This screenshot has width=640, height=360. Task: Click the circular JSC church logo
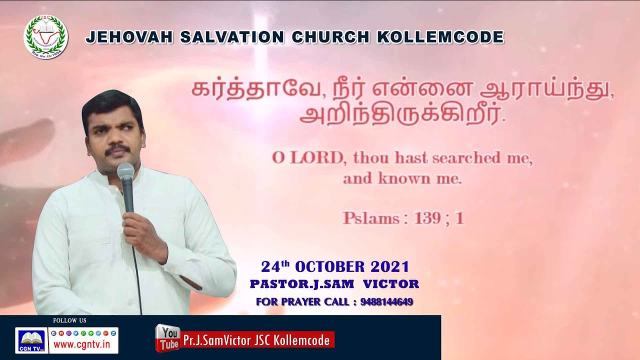click(x=45, y=36)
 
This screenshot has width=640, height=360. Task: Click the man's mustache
click(x=118, y=148)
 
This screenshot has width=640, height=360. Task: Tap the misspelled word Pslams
click(x=370, y=218)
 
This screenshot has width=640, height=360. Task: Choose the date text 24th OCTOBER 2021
click(x=334, y=266)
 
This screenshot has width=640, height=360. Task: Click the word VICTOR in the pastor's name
click(x=391, y=284)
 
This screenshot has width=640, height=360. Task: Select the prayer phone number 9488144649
click(x=386, y=302)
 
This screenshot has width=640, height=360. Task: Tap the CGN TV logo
click(x=31, y=340)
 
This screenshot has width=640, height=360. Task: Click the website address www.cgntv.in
click(x=83, y=344)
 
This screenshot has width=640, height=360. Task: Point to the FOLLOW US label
click(x=69, y=320)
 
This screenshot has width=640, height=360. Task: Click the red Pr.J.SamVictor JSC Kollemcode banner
click(x=256, y=340)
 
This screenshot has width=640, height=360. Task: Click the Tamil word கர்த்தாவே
click(x=233, y=90)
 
